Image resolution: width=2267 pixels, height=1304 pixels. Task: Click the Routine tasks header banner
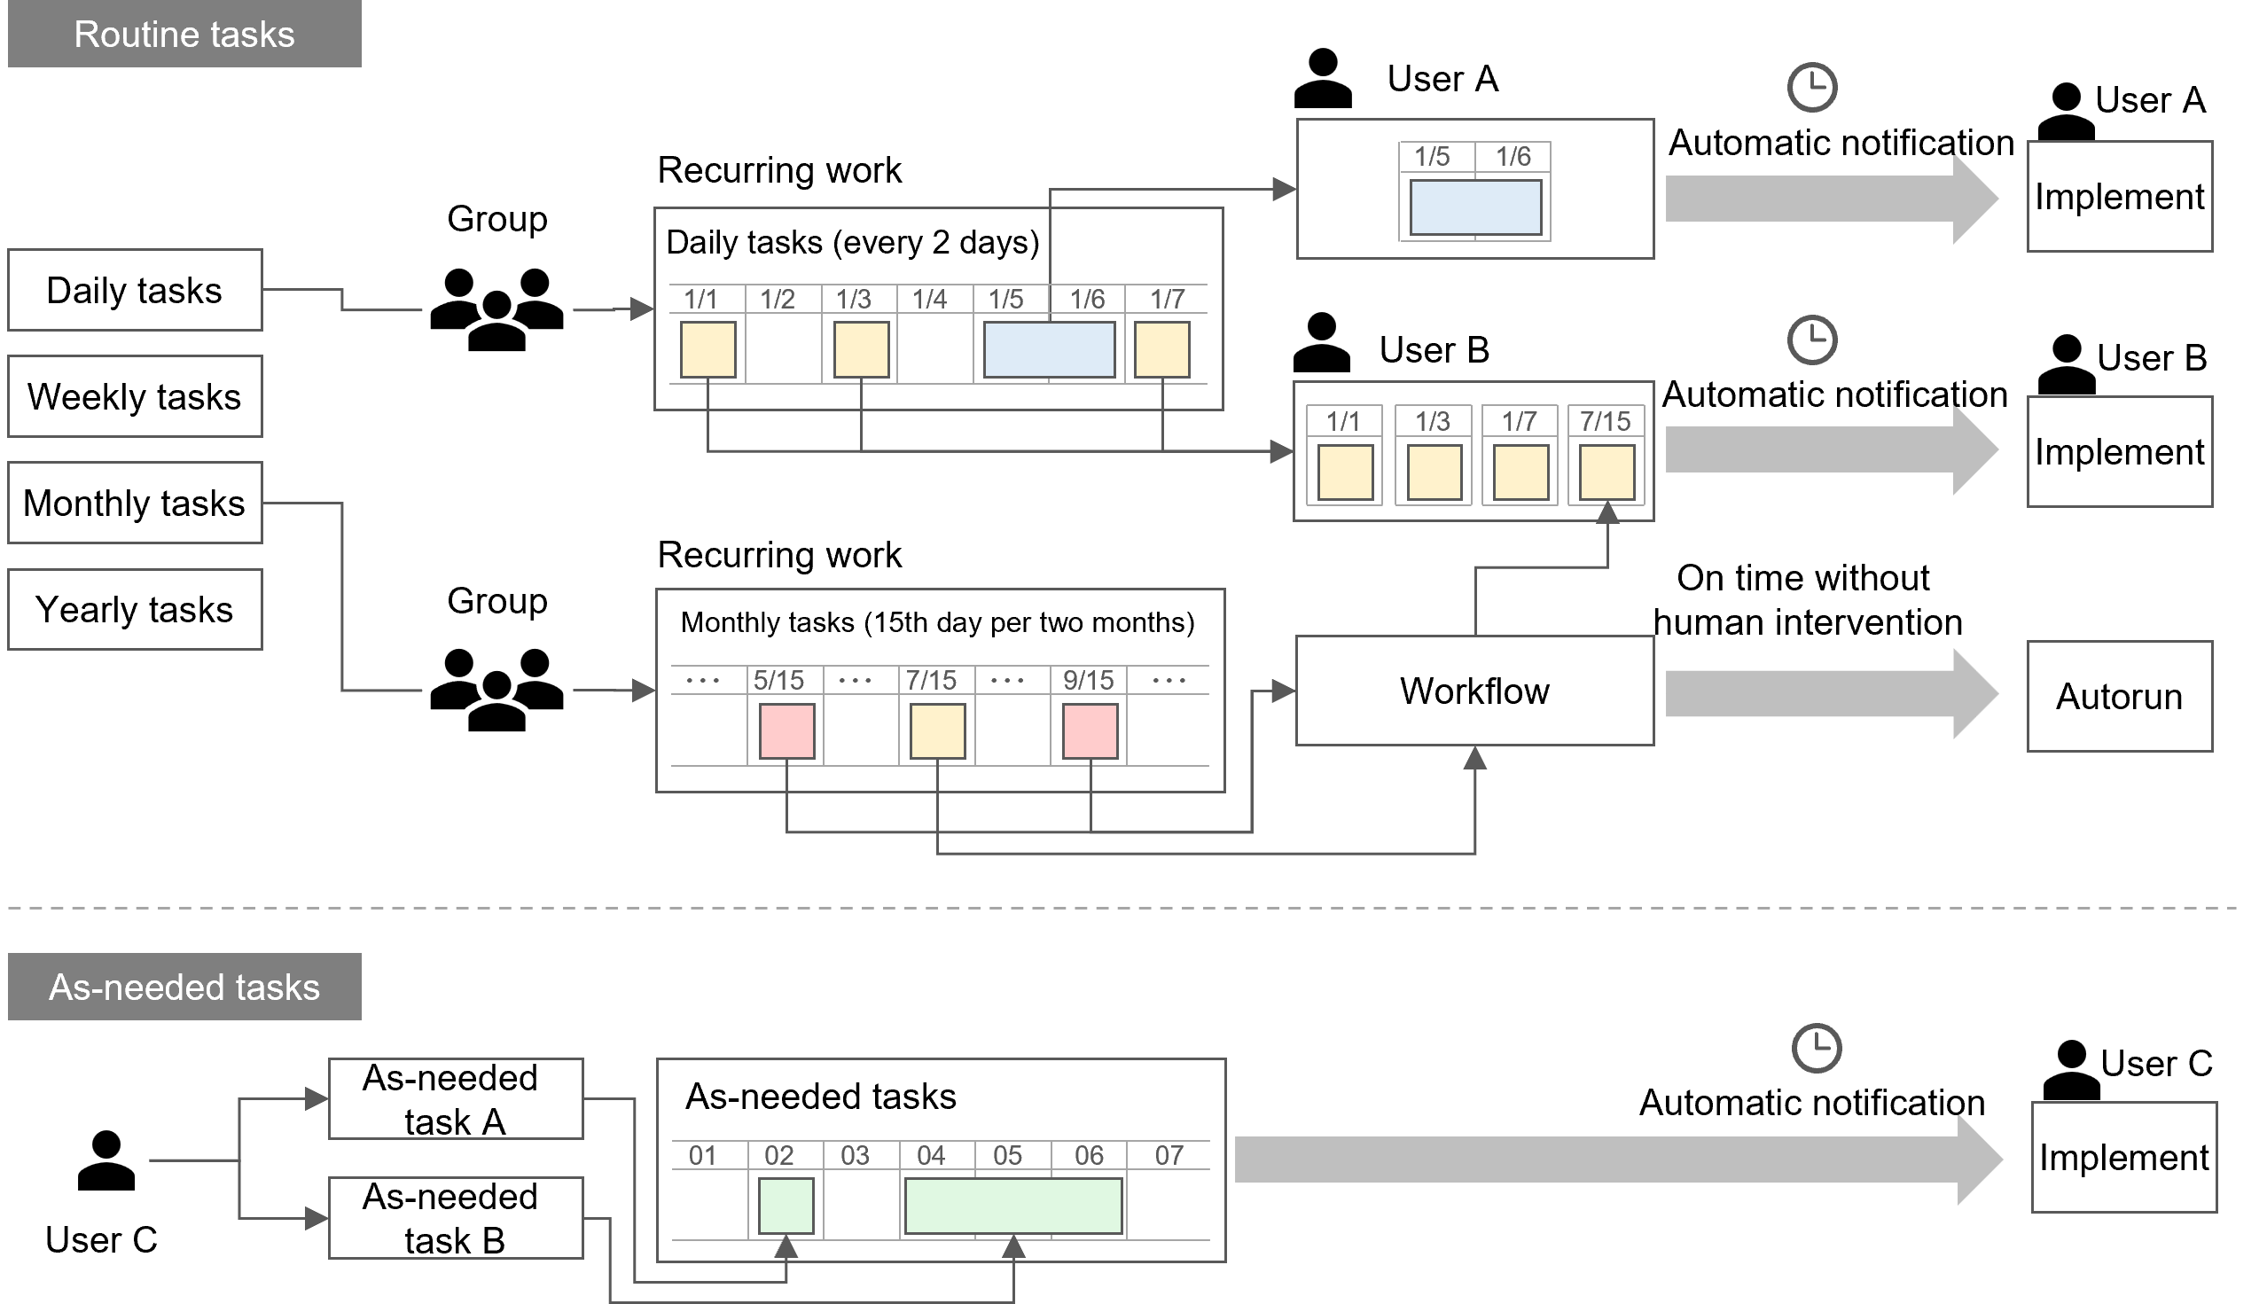coord(184,34)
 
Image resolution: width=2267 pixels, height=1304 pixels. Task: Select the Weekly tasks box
coord(135,397)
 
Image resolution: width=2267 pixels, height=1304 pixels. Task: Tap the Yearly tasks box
coord(135,610)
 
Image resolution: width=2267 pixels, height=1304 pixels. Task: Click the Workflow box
coord(1474,691)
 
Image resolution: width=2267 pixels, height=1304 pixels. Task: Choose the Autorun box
coord(2119,696)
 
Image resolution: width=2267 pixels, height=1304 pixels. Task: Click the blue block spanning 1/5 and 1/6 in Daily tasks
coord(1049,349)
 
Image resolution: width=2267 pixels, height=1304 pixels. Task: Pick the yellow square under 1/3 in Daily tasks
coord(861,349)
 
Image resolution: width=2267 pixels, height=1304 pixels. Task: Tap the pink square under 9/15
coord(1091,730)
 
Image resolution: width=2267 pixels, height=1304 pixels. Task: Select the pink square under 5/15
coord(786,730)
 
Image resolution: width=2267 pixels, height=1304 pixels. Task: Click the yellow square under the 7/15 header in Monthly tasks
coord(937,730)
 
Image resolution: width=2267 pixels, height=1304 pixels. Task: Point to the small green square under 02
coord(786,1206)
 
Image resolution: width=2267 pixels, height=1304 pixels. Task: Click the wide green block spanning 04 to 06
coord(1013,1206)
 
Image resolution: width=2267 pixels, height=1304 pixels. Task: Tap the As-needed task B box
coord(455,1218)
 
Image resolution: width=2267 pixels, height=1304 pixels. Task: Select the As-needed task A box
coord(455,1099)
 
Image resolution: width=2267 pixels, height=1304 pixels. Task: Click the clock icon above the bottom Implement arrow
coord(1816,1045)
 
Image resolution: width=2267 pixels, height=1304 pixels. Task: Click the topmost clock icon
coord(1812,87)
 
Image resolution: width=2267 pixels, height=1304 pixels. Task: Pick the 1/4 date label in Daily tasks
coord(929,299)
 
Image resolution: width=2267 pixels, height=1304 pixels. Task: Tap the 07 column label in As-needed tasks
coord(1169,1155)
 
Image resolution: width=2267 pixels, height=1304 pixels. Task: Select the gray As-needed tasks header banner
coord(184,987)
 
